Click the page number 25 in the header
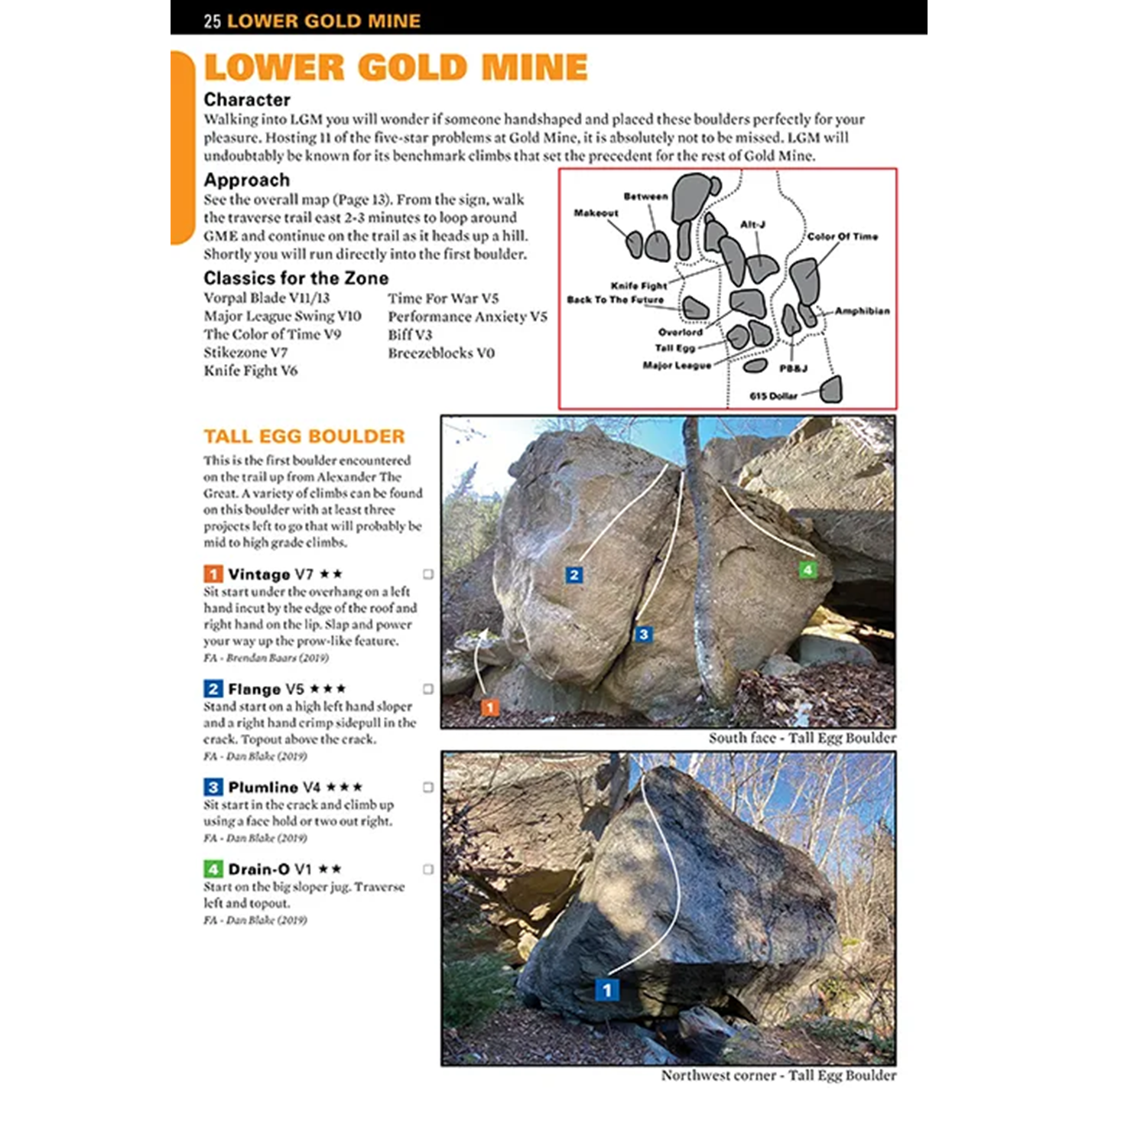point(212,21)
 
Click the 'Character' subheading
point(247,99)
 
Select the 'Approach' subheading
point(247,180)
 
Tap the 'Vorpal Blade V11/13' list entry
point(266,297)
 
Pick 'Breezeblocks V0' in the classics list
point(441,353)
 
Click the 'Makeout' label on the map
point(596,213)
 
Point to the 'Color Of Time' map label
point(843,236)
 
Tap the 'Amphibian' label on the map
point(862,310)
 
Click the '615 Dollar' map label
point(773,396)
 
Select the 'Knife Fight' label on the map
point(638,285)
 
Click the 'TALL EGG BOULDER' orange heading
point(304,436)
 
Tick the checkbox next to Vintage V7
point(428,574)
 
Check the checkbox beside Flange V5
point(428,689)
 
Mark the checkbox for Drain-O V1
point(428,869)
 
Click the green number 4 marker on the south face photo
point(807,570)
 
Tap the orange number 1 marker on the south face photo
point(490,707)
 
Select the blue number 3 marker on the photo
point(643,634)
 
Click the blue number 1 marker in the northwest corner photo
point(607,990)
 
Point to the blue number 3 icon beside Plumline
point(213,787)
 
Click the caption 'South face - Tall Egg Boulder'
point(801,738)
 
